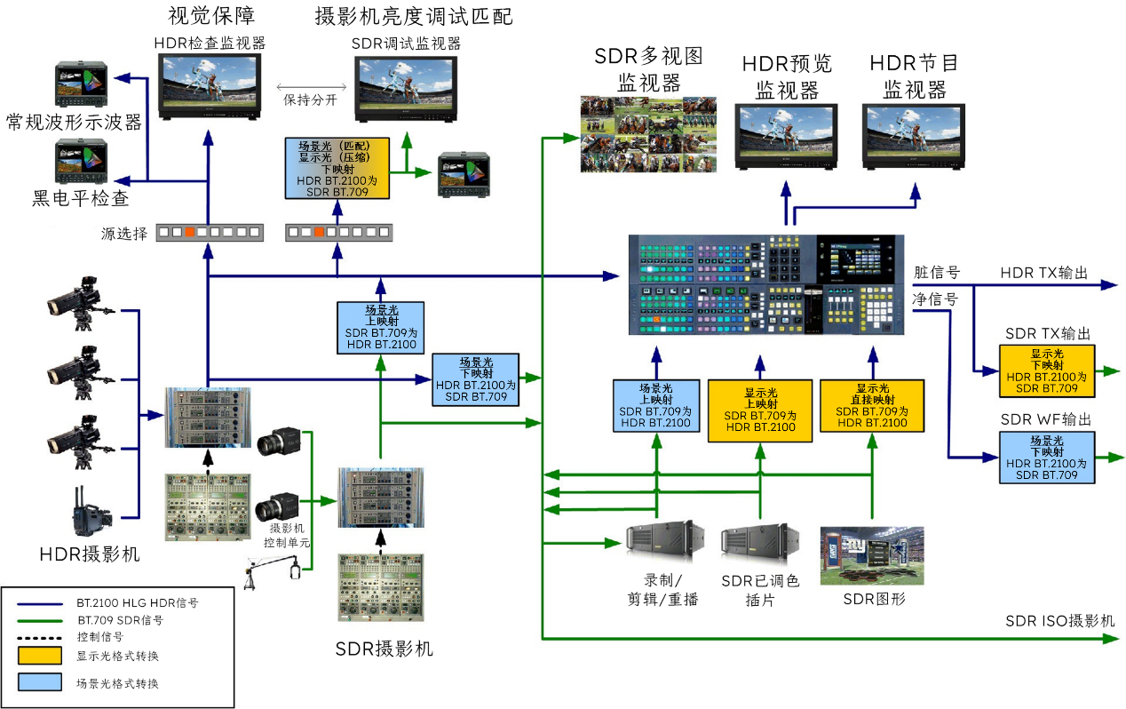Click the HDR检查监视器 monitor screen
(x=210, y=82)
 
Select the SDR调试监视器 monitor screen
(x=406, y=84)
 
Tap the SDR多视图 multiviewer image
(x=648, y=134)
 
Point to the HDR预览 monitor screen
(x=786, y=131)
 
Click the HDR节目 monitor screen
(x=914, y=131)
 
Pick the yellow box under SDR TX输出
(x=1047, y=371)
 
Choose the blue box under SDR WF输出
(x=1047, y=458)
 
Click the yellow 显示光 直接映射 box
(x=872, y=406)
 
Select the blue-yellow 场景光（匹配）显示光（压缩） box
(x=337, y=169)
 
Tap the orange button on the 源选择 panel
(x=189, y=232)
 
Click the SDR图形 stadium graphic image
(x=872, y=555)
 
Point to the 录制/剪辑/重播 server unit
(x=664, y=541)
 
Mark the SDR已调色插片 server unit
(x=759, y=544)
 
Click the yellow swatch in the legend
(x=40, y=655)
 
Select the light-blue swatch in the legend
(x=40, y=681)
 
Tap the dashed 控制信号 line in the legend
(x=39, y=638)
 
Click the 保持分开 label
(x=310, y=100)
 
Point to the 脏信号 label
(x=937, y=273)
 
